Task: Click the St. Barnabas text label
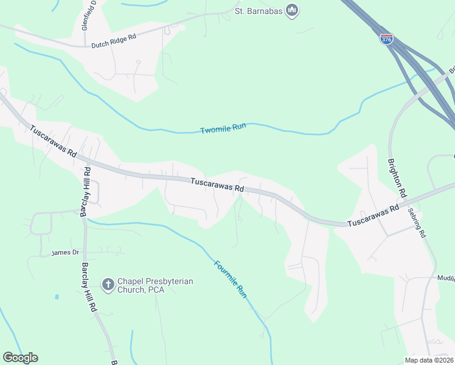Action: click(x=259, y=11)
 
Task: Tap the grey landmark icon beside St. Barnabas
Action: click(x=293, y=10)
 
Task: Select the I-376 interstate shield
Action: click(x=386, y=38)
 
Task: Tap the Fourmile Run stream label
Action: click(x=231, y=279)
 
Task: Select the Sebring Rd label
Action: click(x=418, y=222)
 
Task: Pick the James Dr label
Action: click(x=66, y=252)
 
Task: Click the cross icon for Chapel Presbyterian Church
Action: click(x=108, y=284)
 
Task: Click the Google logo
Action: click(x=20, y=358)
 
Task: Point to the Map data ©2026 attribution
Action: click(x=429, y=360)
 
